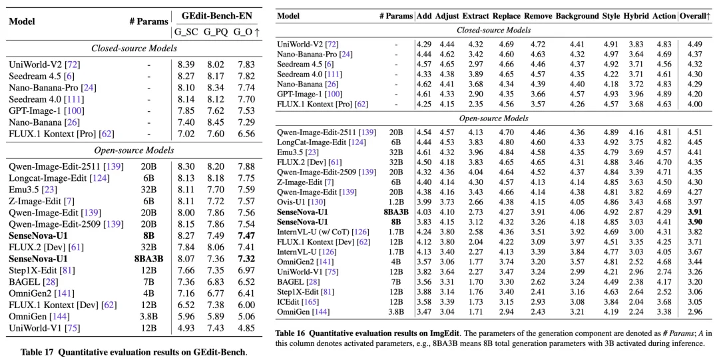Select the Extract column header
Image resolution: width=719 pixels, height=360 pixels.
(475, 16)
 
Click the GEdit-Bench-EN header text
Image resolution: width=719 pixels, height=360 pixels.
(216, 15)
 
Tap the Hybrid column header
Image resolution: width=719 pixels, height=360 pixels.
(636, 16)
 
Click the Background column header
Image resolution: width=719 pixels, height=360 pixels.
(577, 16)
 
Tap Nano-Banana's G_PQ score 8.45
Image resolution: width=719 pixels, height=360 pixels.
(213, 122)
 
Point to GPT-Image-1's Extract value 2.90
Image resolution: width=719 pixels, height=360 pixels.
(475, 94)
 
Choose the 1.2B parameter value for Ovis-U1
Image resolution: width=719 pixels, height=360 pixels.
(396, 202)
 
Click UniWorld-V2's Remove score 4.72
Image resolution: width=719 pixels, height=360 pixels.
(538, 45)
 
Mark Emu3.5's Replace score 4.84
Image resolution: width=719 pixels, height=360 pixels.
(506, 152)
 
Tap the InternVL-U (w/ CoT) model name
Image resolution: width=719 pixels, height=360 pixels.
(316, 232)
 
